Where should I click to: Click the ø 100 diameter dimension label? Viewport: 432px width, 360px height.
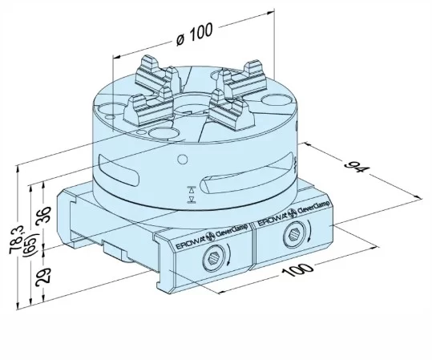tap(192, 32)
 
